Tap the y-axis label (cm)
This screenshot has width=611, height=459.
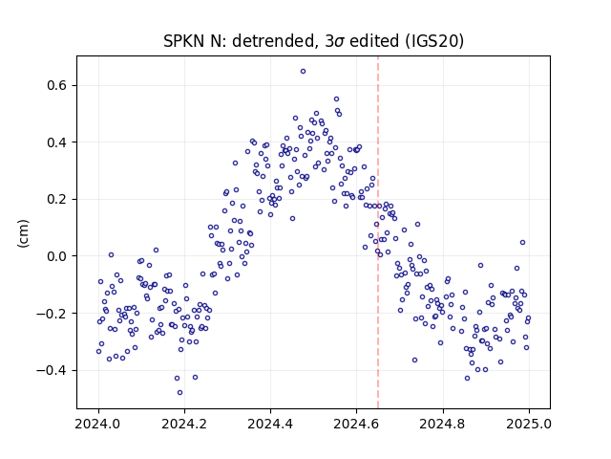(x=23, y=233)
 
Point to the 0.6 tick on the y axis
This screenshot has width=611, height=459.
(x=58, y=85)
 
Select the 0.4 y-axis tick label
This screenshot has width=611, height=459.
(x=58, y=142)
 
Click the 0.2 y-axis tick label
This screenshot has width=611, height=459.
(x=58, y=200)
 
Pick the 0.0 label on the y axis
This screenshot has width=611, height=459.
(x=58, y=256)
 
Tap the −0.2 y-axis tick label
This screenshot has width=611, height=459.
(x=53, y=314)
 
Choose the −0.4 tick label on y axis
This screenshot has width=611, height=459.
(x=53, y=370)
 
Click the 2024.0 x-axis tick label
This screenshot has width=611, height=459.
(x=98, y=424)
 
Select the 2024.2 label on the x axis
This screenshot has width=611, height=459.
(x=184, y=424)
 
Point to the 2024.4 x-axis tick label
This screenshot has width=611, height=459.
(x=270, y=424)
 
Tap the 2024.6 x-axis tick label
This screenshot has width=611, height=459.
(x=356, y=424)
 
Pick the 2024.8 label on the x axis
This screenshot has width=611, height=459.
(x=443, y=424)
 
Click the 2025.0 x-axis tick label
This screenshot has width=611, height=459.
(x=529, y=424)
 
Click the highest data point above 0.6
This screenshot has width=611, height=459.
(x=303, y=72)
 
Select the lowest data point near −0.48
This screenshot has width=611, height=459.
(x=179, y=393)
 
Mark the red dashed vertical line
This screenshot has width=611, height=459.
(x=378, y=232)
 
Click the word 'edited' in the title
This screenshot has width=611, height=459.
(x=374, y=41)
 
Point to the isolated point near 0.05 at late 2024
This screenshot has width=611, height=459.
(x=522, y=242)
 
